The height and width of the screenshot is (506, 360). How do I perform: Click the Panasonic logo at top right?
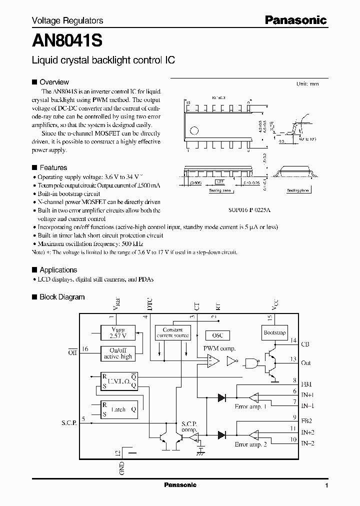point(295,20)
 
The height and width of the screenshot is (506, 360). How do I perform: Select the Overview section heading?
point(54,82)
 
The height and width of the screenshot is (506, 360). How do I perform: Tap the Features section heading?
point(53,167)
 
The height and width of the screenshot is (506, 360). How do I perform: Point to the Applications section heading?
point(58,270)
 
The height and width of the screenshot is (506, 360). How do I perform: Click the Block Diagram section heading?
point(62,296)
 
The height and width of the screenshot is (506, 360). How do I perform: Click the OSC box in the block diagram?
point(217,335)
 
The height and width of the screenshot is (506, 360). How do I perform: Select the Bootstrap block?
point(274,332)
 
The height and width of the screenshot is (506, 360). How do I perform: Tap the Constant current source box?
point(172,332)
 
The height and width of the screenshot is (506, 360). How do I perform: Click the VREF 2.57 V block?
point(118,333)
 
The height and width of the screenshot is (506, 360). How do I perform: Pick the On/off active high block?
point(118,353)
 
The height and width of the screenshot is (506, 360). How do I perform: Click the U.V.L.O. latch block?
point(118,381)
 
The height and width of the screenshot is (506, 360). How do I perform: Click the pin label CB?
point(306,344)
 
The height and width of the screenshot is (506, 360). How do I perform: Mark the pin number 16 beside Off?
point(85,349)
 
